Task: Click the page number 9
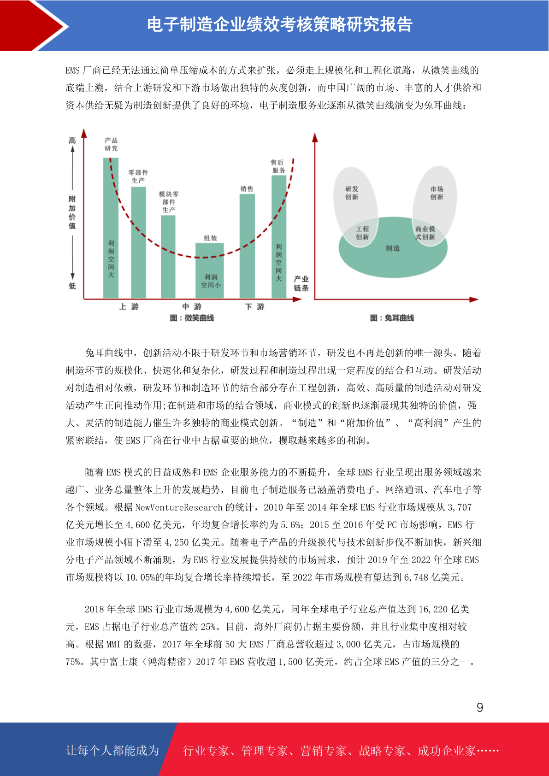(x=479, y=707)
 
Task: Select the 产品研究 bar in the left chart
(x=111, y=228)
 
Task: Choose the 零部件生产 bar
(x=138, y=242)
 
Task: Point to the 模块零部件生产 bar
(x=168, y=256)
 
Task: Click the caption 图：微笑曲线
(x=192, y=318)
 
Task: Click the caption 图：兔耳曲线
(x=392, y=318)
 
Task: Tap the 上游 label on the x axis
(x=129, y=306)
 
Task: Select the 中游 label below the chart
(x=192, y=306)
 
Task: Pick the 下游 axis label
(x=254, y=306)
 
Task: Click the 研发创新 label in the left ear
(x=352, y=193)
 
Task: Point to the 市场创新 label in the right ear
(x=437, y=193)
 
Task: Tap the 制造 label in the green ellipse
(x=393, y=248)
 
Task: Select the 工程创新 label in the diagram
(x=362, y=233)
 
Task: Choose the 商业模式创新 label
(x=425, y=233)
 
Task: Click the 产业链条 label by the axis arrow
(x=301, y=283)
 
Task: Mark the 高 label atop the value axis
(x=72, y=141)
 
